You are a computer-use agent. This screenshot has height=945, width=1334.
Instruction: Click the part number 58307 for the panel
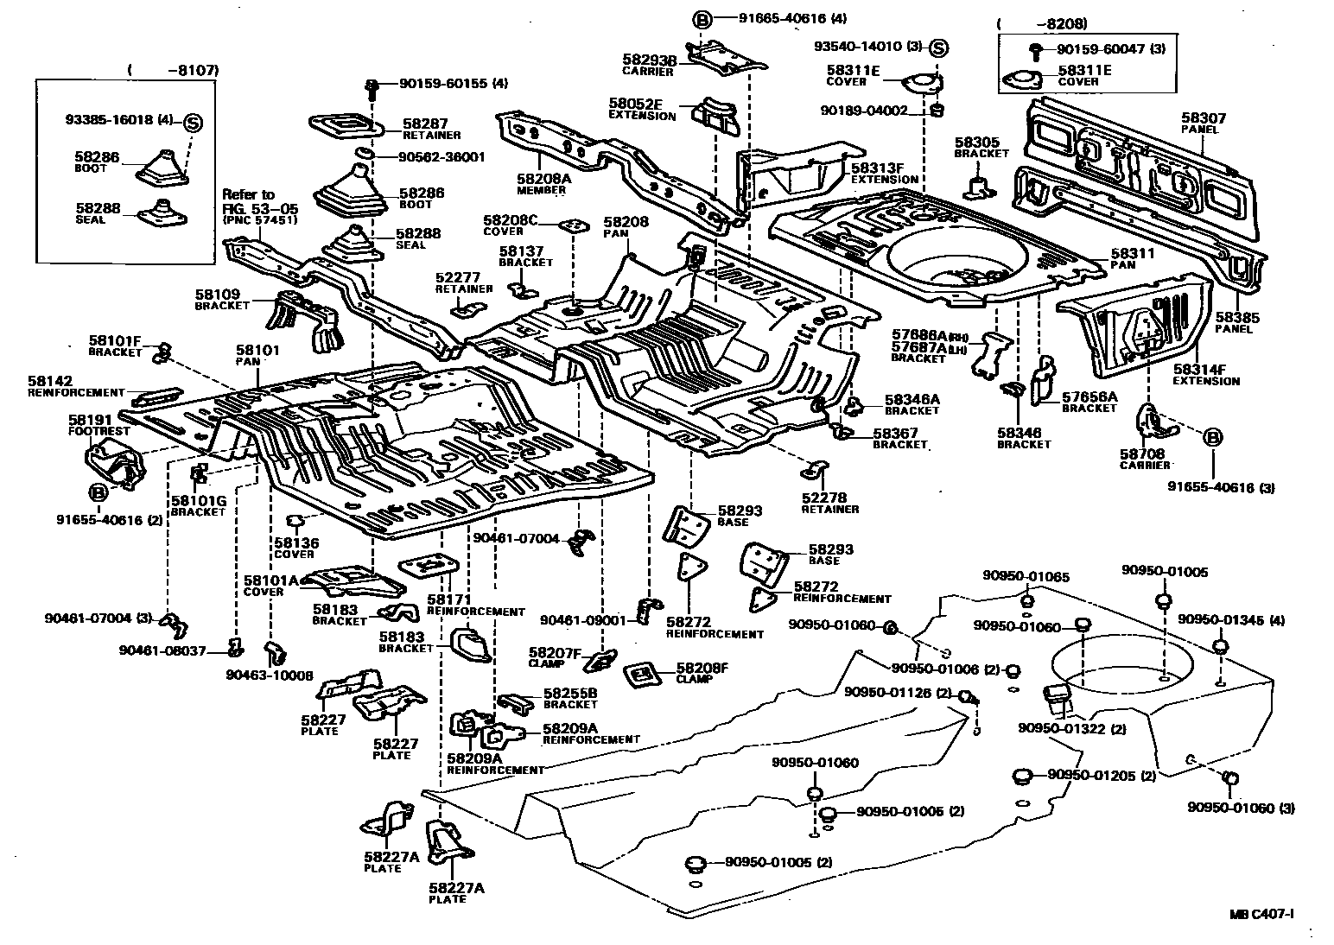tap(1204, 118)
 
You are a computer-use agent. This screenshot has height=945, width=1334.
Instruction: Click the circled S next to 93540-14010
tap(939, 48)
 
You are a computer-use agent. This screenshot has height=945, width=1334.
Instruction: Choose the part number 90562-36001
tap(441, 157)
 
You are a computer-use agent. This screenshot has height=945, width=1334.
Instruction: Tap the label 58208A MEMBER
tap(541, 182)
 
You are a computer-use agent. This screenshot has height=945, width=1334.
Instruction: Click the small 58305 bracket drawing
tap(978, 187)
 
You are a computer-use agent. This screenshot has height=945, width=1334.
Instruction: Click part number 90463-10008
tap(270, 675)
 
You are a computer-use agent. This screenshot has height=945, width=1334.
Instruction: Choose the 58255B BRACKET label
tap(570, 698)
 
